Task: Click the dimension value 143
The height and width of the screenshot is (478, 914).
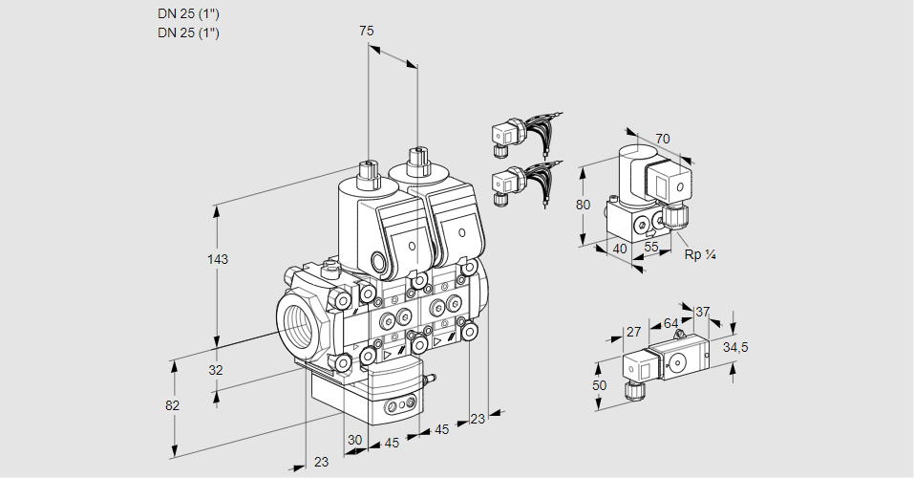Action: coord(218,259)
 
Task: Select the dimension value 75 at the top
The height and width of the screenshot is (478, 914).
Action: coord(366,31)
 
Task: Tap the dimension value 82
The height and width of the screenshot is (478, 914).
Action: coord(172,405)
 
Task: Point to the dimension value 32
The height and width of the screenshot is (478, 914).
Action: coord(216,370)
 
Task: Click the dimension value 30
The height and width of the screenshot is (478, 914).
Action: coord(354,440)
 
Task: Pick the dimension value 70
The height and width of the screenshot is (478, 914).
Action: coord(662,139)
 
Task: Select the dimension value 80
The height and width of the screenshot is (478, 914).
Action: coord(583,205)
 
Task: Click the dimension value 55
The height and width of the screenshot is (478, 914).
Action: coord(650,247)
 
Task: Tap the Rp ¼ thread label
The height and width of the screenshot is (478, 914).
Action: coord(699,255)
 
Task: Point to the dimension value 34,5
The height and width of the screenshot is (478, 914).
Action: coord(735,348)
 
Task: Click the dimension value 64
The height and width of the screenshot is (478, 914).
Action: coord(670,323)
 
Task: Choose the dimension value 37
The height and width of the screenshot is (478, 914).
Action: coord(702,313)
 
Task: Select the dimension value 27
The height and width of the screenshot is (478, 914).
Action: coord(633,332)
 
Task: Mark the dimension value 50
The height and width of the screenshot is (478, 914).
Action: coord(599,385)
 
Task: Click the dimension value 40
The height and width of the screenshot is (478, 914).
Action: coord(620,249)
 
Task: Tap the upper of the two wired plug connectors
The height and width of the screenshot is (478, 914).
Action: coord(527,134)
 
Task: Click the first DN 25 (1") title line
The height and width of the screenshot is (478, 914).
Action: coord(188,14)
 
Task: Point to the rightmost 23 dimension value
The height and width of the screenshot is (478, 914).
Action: coord(478,419)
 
